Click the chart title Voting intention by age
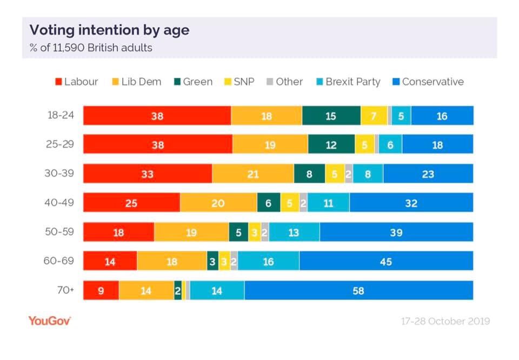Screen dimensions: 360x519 [x=109, y=30]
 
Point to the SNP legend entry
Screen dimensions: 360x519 [x=239, y=82]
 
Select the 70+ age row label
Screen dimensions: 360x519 [x=65, y=290]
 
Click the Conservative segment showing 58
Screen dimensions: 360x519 [x=358, y=291]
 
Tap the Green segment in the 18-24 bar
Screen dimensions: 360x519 [x=331, y=116]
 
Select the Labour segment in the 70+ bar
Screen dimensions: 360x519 [x=101, y=291]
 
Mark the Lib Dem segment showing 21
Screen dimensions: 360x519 [x=252, y=174]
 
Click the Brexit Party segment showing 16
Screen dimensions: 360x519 [x=268, y=262]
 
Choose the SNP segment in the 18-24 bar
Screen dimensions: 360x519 [x=374, y=116]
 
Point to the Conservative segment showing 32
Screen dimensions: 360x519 [x=411, y=203]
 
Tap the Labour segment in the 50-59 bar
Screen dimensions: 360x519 [x=118, y=232]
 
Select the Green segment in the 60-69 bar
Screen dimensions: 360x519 [x=212, y=262]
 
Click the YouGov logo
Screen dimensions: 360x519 [x=49, y=321]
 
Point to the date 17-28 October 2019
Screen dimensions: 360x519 [x=445, y=321]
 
